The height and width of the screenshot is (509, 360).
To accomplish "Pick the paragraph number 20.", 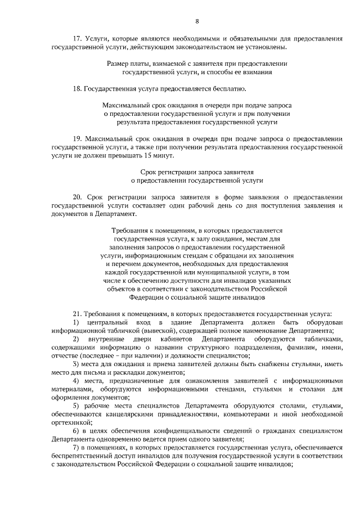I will pos(78,197).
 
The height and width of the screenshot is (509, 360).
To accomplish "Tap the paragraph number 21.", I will pos(78,313).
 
